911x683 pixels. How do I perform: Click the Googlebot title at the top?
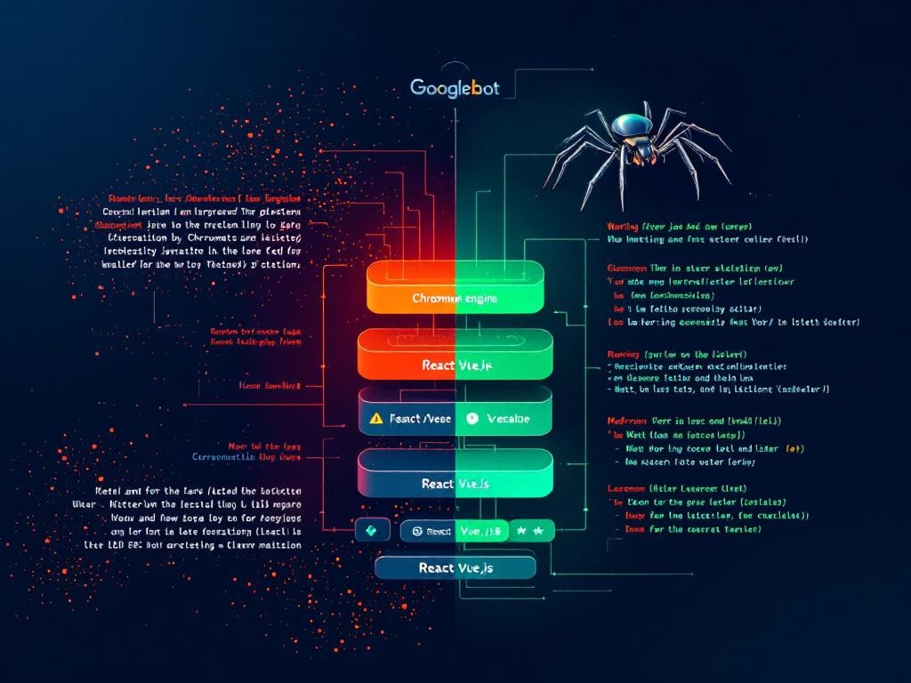455,87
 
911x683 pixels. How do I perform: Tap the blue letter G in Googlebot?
417,87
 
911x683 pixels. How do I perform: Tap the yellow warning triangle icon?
376,417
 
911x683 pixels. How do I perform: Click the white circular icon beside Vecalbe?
472,417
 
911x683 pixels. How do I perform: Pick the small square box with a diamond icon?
372,531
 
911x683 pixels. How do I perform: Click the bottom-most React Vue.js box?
455,567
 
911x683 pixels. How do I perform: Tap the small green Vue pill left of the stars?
481,531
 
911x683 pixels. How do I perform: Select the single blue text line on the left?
246,456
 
